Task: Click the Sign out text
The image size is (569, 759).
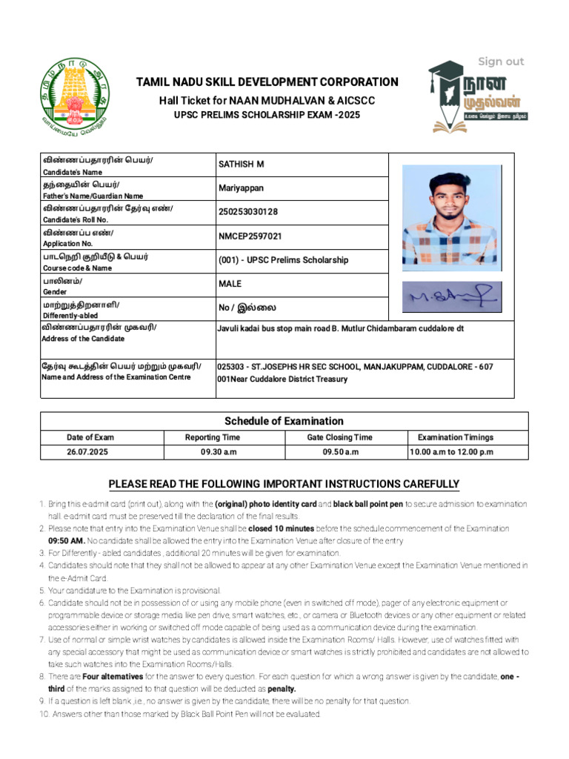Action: click(x=500, y=62)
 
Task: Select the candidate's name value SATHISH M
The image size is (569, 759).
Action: click(x=241, y=164)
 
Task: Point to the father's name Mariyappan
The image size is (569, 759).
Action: click(x=241, y=188)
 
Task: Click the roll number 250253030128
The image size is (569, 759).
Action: click(x=248, y=212)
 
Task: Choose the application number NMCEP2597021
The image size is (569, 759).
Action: click(x=250, y=236)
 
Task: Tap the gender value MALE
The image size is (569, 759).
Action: click(x=230, y=284)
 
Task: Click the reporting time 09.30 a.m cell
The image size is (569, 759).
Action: click(x=212, y=452)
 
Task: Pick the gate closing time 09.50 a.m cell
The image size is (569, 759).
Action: click(x=339, y=452)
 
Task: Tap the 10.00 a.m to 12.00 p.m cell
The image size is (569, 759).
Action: click(x=455, y=452)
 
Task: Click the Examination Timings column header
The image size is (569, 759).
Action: click(x=455, y=437)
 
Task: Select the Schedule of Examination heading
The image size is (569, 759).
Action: click(x=284, y=421)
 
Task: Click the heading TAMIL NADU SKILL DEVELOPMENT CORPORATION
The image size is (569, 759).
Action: click(x=266, y=82)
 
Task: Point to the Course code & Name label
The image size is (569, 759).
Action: click(x=77, y=268)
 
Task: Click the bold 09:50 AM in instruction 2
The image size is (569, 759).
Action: click(x=67, y=541)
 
